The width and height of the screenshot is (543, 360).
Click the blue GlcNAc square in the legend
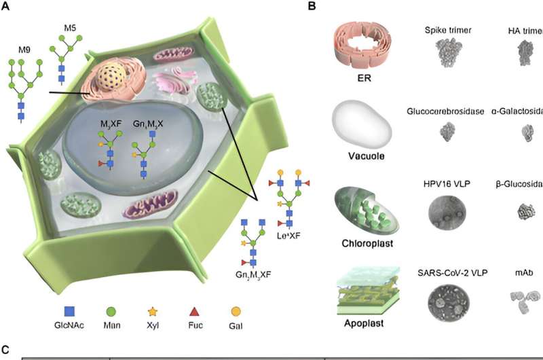pyautogui.click(x=69, y=312)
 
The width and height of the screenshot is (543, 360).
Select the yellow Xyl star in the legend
pyautogui.click(x=153, y=312)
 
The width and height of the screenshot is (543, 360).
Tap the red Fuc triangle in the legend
pyautogui.click(x=193, y=312)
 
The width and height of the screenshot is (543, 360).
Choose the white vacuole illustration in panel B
pyautogui.click(x=360, y=129)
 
